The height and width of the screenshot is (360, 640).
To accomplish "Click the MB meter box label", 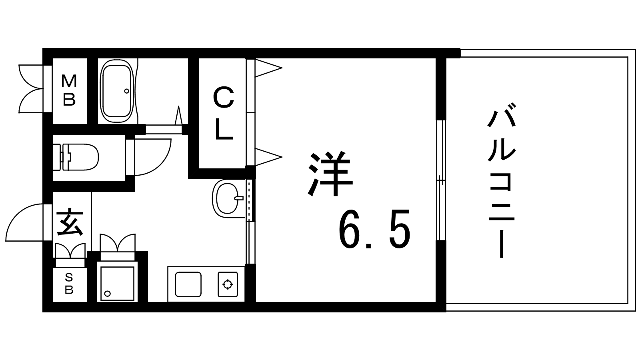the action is pos(69,90).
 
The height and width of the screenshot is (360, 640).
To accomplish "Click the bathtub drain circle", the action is pos(126,91).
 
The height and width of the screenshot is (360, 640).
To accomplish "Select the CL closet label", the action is pos(223,114).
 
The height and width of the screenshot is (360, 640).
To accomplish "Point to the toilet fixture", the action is pos(76,157).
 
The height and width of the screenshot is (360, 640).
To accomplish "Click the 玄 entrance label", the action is pos(70,224).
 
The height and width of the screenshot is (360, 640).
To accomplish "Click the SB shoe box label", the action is pos(69,284).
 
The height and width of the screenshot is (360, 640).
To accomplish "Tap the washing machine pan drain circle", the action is pos(108,294).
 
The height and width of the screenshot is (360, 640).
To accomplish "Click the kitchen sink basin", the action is pos(188,284).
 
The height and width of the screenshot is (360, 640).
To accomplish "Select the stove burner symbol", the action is pos(228,284).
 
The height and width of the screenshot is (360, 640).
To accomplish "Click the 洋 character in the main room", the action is pos(330,174).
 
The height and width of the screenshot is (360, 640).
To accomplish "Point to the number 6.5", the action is pos(374,230).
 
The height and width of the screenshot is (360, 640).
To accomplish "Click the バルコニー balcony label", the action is pos(502,180).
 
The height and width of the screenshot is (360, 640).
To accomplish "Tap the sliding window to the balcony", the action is pos(441,180).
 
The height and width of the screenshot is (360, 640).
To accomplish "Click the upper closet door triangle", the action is pos(268,68).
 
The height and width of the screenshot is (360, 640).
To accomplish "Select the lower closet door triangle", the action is pos(268,157).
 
